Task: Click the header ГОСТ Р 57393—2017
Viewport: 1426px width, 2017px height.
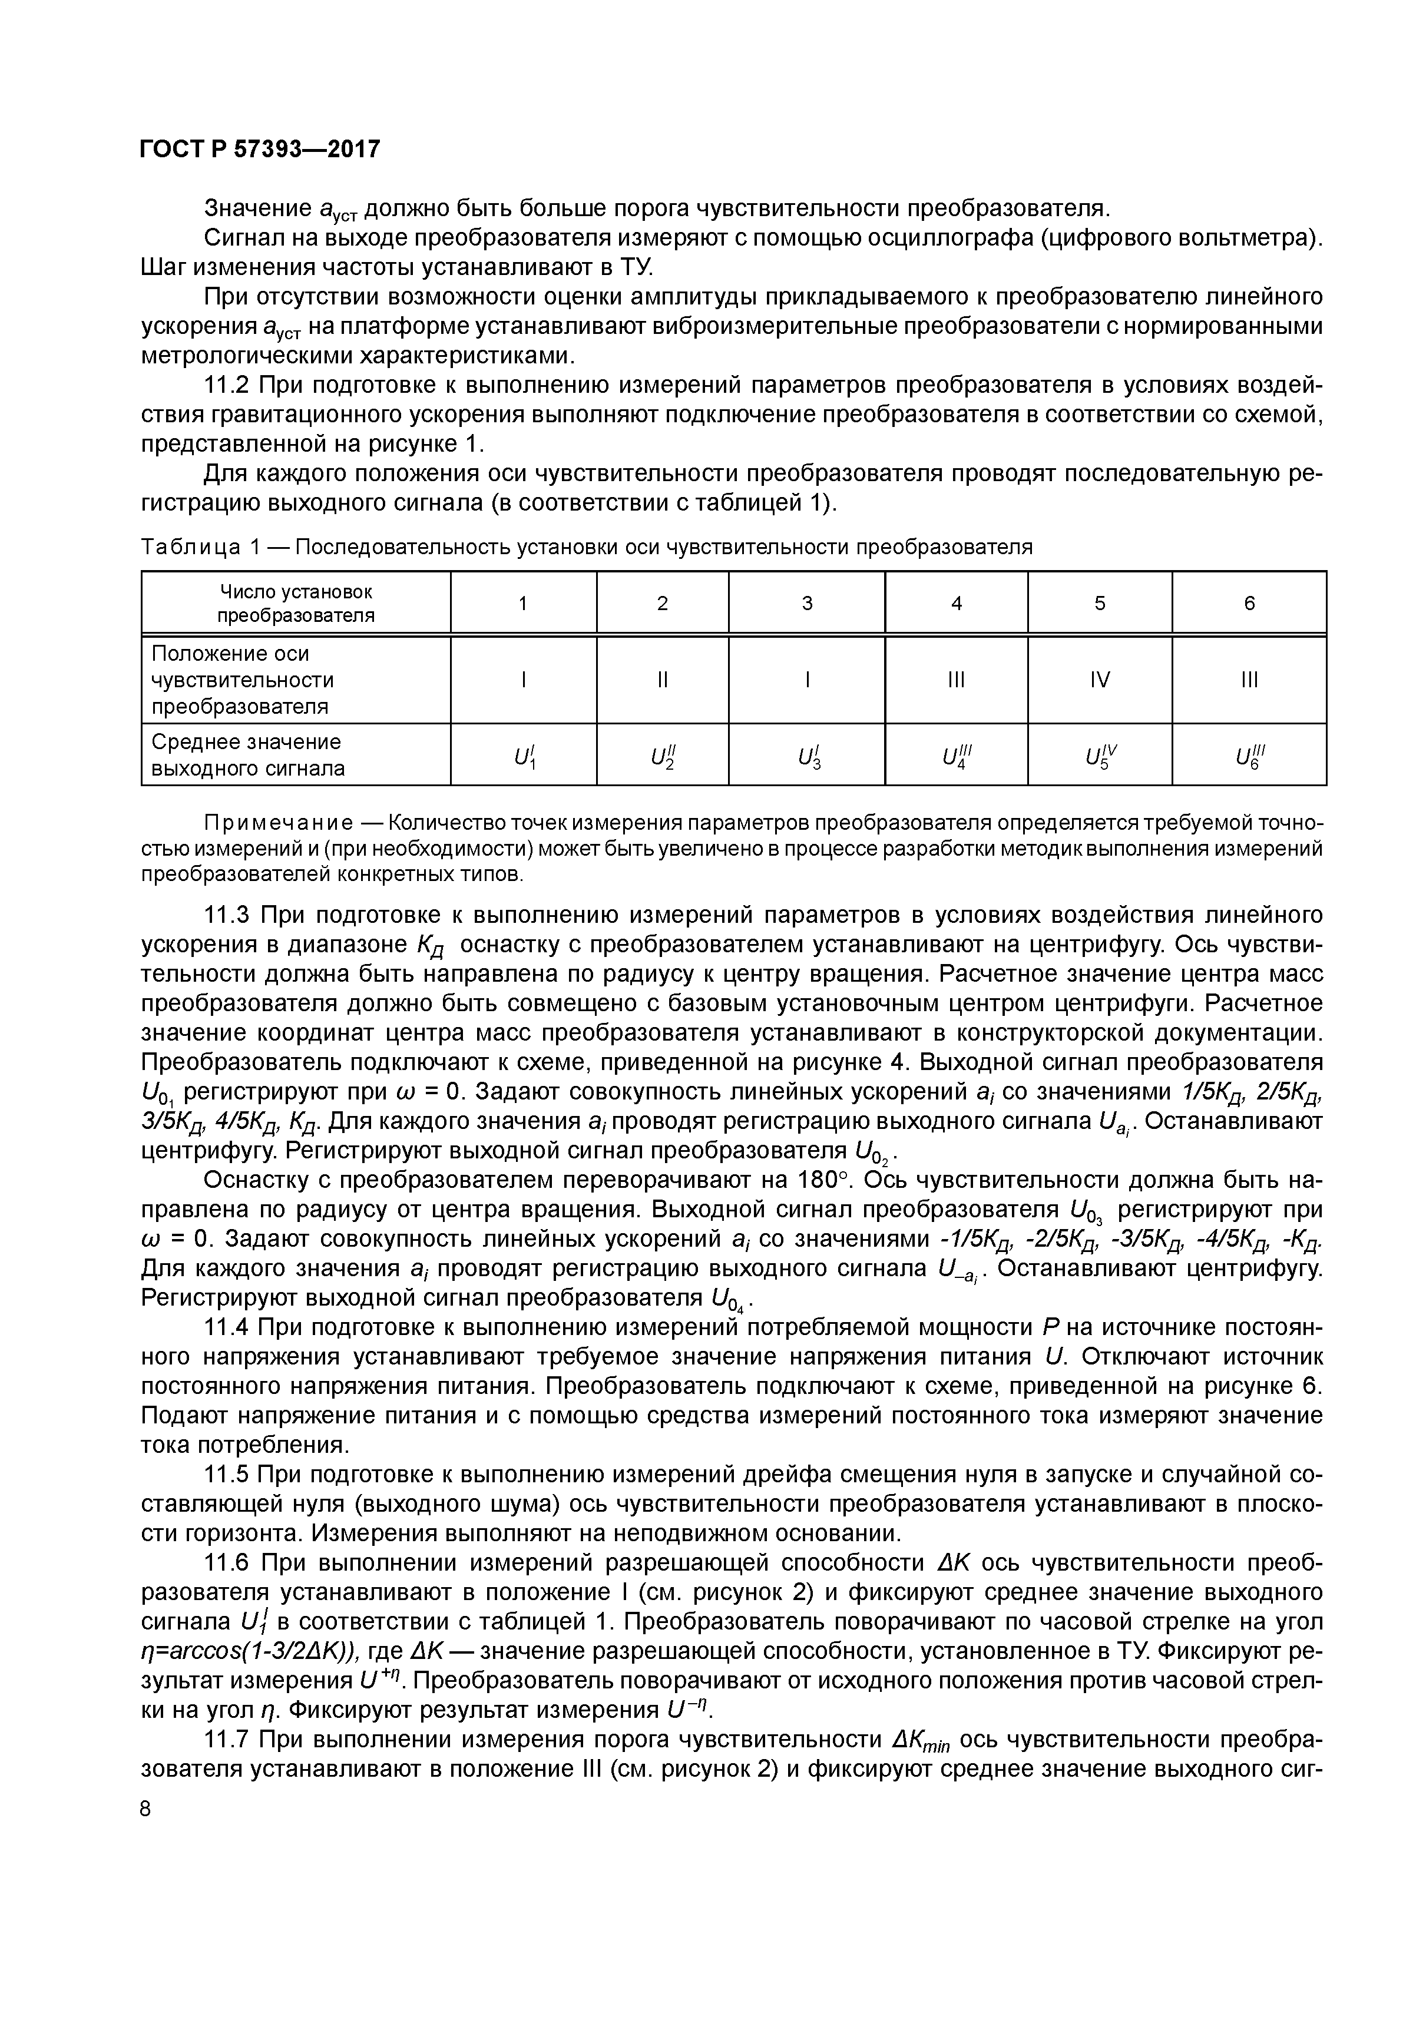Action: tap(260, 150)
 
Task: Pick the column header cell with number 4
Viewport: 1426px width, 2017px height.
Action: tap(957, 602)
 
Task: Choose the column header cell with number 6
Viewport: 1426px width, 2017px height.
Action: tap(1249, 602)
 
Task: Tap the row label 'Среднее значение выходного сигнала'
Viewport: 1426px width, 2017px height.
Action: tap(248, 754)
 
